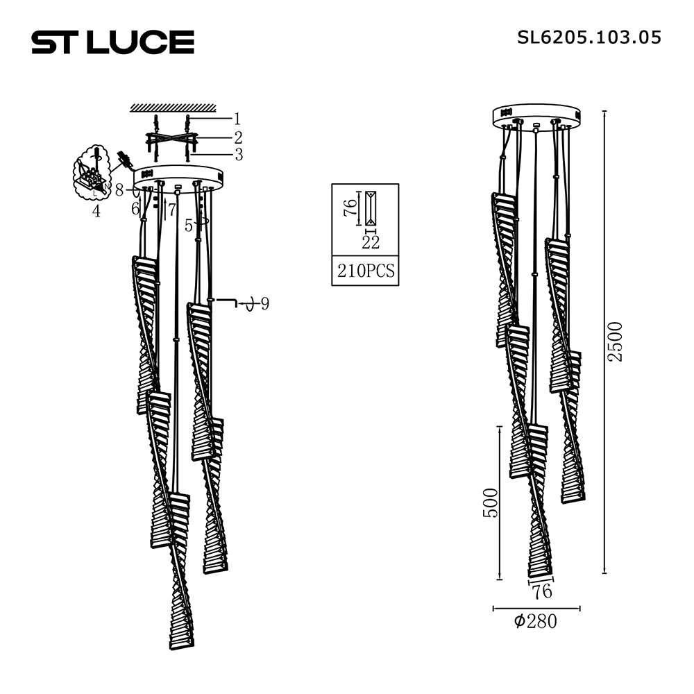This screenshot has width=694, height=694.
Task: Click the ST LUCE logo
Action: (x=113, y=42)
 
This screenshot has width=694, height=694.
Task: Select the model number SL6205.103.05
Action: (x=589, y=37)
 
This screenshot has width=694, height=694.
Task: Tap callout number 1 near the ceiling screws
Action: (x=237, y=119)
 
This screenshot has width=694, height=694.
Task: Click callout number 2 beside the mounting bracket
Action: (x=238, y=137)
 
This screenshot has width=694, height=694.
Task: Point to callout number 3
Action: (x=239, y=155)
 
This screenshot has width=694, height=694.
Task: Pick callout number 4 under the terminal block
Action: (x=96, y=211)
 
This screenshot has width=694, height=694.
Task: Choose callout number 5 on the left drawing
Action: (x=189, y=226)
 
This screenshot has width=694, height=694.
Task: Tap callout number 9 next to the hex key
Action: (x=264, y=304)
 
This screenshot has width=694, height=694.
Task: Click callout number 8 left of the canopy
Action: (x=119, y=190)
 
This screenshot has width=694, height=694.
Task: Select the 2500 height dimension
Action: (x=615, y=341)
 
